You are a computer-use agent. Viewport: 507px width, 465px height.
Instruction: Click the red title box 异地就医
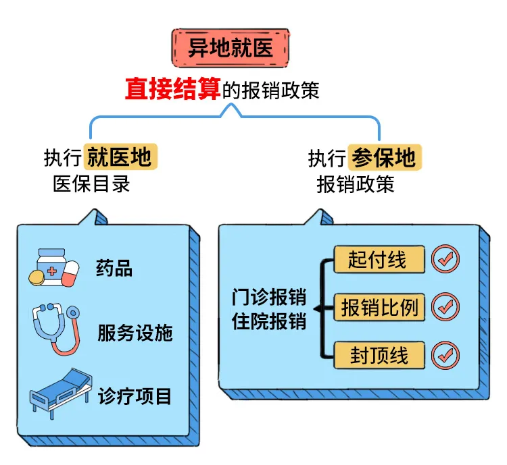229,48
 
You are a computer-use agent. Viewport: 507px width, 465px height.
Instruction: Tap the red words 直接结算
173,90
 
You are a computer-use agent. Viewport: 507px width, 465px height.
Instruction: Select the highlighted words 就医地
121,158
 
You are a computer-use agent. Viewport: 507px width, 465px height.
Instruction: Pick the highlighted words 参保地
385,158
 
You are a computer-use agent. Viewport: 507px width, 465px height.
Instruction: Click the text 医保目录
91,184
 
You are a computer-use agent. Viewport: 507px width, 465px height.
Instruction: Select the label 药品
114,269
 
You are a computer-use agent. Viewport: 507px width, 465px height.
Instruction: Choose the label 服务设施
135,333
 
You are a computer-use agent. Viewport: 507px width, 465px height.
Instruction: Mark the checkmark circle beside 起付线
445,258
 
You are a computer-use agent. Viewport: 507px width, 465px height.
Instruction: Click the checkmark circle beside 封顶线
445,354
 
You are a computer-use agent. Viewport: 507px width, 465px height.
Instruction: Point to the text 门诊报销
268,297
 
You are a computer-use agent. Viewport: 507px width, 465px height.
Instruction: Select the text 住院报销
268,321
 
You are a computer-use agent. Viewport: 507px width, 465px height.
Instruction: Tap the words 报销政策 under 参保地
356,184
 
